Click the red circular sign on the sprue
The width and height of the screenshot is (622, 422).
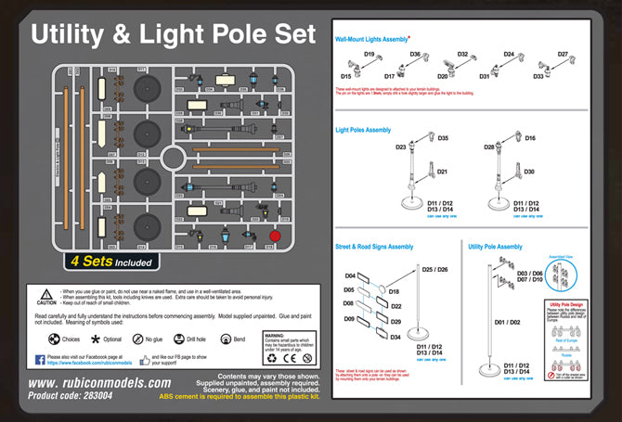pyautogui.click(x=274, y=237)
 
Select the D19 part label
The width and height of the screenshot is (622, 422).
pyautogui.click(x=369, y=56)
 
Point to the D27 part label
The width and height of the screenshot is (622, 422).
pyautogui.click(x=563, y=55)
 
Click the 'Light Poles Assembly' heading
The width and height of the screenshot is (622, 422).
pyautogui.click(x=363, y=130)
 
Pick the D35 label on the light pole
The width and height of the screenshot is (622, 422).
pyautogui.click(x=443, y=139)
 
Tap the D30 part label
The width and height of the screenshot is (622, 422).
pyautogui.click(x=529, y=173)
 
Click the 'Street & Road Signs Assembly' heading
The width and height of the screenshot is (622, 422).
pyautogui.click(x=374, y=247)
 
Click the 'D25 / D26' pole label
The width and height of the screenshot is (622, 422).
pyautogui.click(x=434, y=270)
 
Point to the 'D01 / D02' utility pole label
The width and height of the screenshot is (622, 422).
pyautogui.click(x=510, y=322)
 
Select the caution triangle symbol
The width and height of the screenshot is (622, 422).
pyautogui.click(x=47, y=293)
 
